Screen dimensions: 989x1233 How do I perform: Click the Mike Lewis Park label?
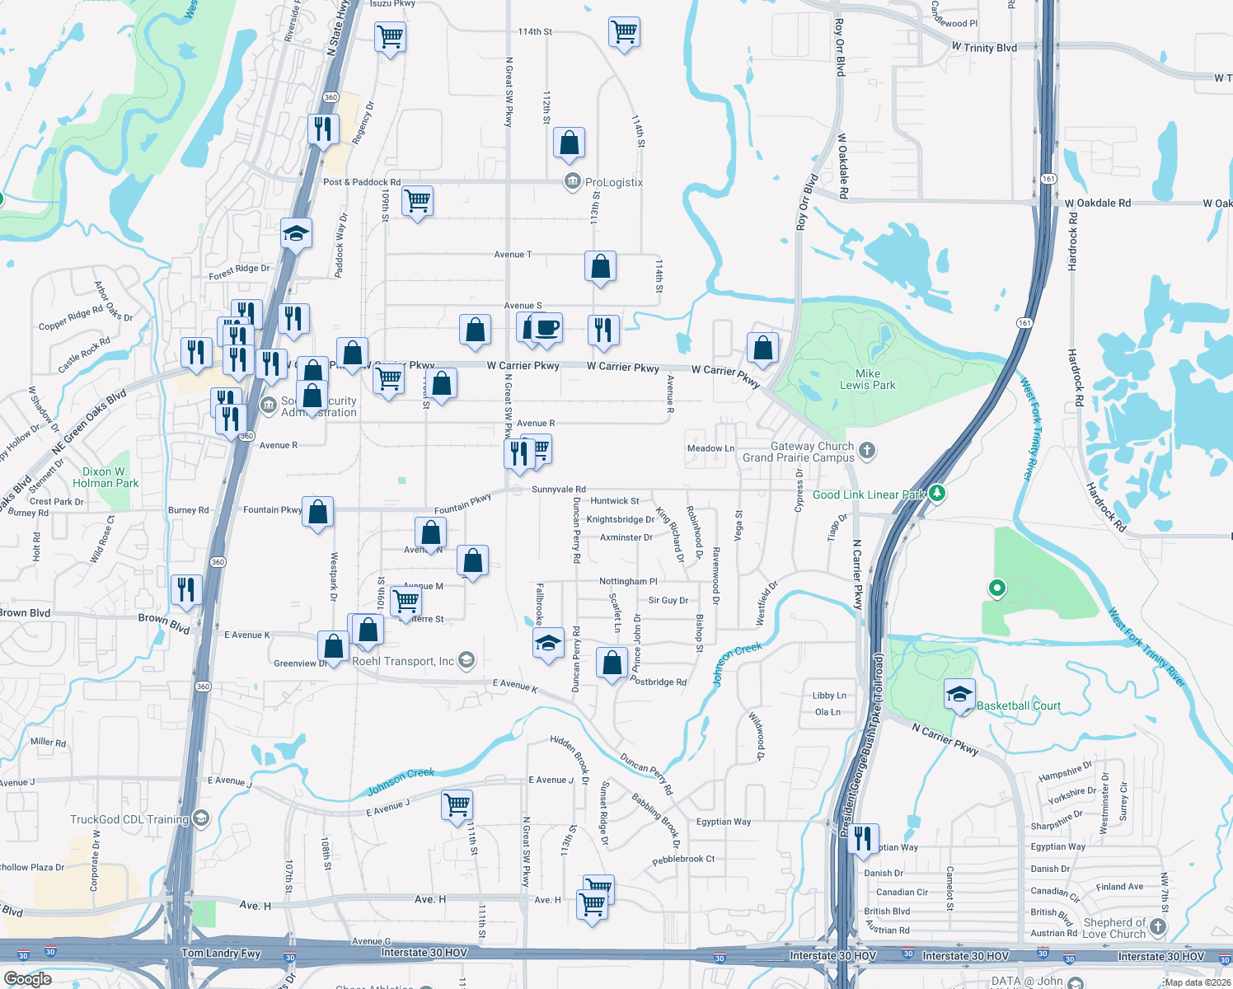click(867, 379)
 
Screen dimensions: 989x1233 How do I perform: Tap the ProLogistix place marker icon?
click(572, 181)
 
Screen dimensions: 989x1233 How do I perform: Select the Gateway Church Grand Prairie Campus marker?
click(866, 450)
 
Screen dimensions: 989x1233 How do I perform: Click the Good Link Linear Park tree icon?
click(936, 494)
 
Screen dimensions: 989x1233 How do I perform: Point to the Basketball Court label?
click(1019, 705)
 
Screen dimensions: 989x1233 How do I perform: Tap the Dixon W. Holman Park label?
click(105, 478)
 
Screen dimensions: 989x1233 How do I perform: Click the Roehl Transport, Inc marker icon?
click(466, 660)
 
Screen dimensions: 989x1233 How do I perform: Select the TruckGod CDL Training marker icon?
click(201, 818)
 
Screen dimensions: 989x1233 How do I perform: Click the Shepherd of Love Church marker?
click(1158, 927)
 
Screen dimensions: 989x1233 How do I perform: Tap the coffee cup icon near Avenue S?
click(546, 328)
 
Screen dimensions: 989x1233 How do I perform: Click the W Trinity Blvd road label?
click(984, 48)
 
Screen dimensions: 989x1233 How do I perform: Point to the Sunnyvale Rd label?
click(559, 490)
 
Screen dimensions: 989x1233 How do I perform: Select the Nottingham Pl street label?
click(628, 582)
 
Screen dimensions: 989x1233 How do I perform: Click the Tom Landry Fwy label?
click(221, 954)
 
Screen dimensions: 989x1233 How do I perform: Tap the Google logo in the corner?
click(27, 978)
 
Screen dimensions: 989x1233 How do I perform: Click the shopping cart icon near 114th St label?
click(624, 32)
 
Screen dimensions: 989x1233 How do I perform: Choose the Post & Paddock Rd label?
click(362, 182)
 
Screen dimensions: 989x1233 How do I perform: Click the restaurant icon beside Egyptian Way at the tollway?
click(862, 837)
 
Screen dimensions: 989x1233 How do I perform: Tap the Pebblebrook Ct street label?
click(683, 859)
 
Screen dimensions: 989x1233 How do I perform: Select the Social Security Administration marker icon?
click(269, 405)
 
